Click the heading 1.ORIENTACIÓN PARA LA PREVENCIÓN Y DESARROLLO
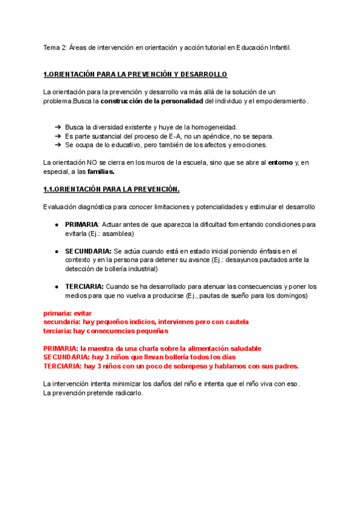pyautogui.click(x=135, y=74)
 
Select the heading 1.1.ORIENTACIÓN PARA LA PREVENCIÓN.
pyautogui.click(x=112, y=190)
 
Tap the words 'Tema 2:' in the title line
pyautogui.click(x=56, y=47)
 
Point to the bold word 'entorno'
pyautogui.click(x=281, y=162)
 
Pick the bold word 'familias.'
pyautogui.click(x=101, y=171)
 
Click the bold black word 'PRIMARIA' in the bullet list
pyautogui.click(x=81, y=224)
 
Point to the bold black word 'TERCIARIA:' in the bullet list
pyautogui.click(x=84, y=286)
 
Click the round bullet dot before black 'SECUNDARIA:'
pyautogui.click(x=56, y=251)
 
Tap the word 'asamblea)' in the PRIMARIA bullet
pyautogui.click(x=118, y=233)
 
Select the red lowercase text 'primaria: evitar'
pyautogui.click(x=68, y=313)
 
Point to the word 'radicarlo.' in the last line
pyautogui.click(x=127, y=393)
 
